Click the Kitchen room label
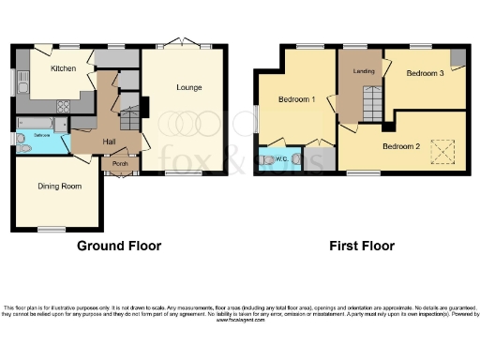tap(63, 68)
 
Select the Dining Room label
tap(59, 187)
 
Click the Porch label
tap(120, 164)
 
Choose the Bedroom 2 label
tap(400, 146)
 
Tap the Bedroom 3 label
tap(425, 73)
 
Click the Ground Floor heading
tap(118, 246)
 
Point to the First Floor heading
tap(361, 246)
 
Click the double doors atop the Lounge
tap(179, 45)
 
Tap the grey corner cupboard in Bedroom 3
tap(456, 58)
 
